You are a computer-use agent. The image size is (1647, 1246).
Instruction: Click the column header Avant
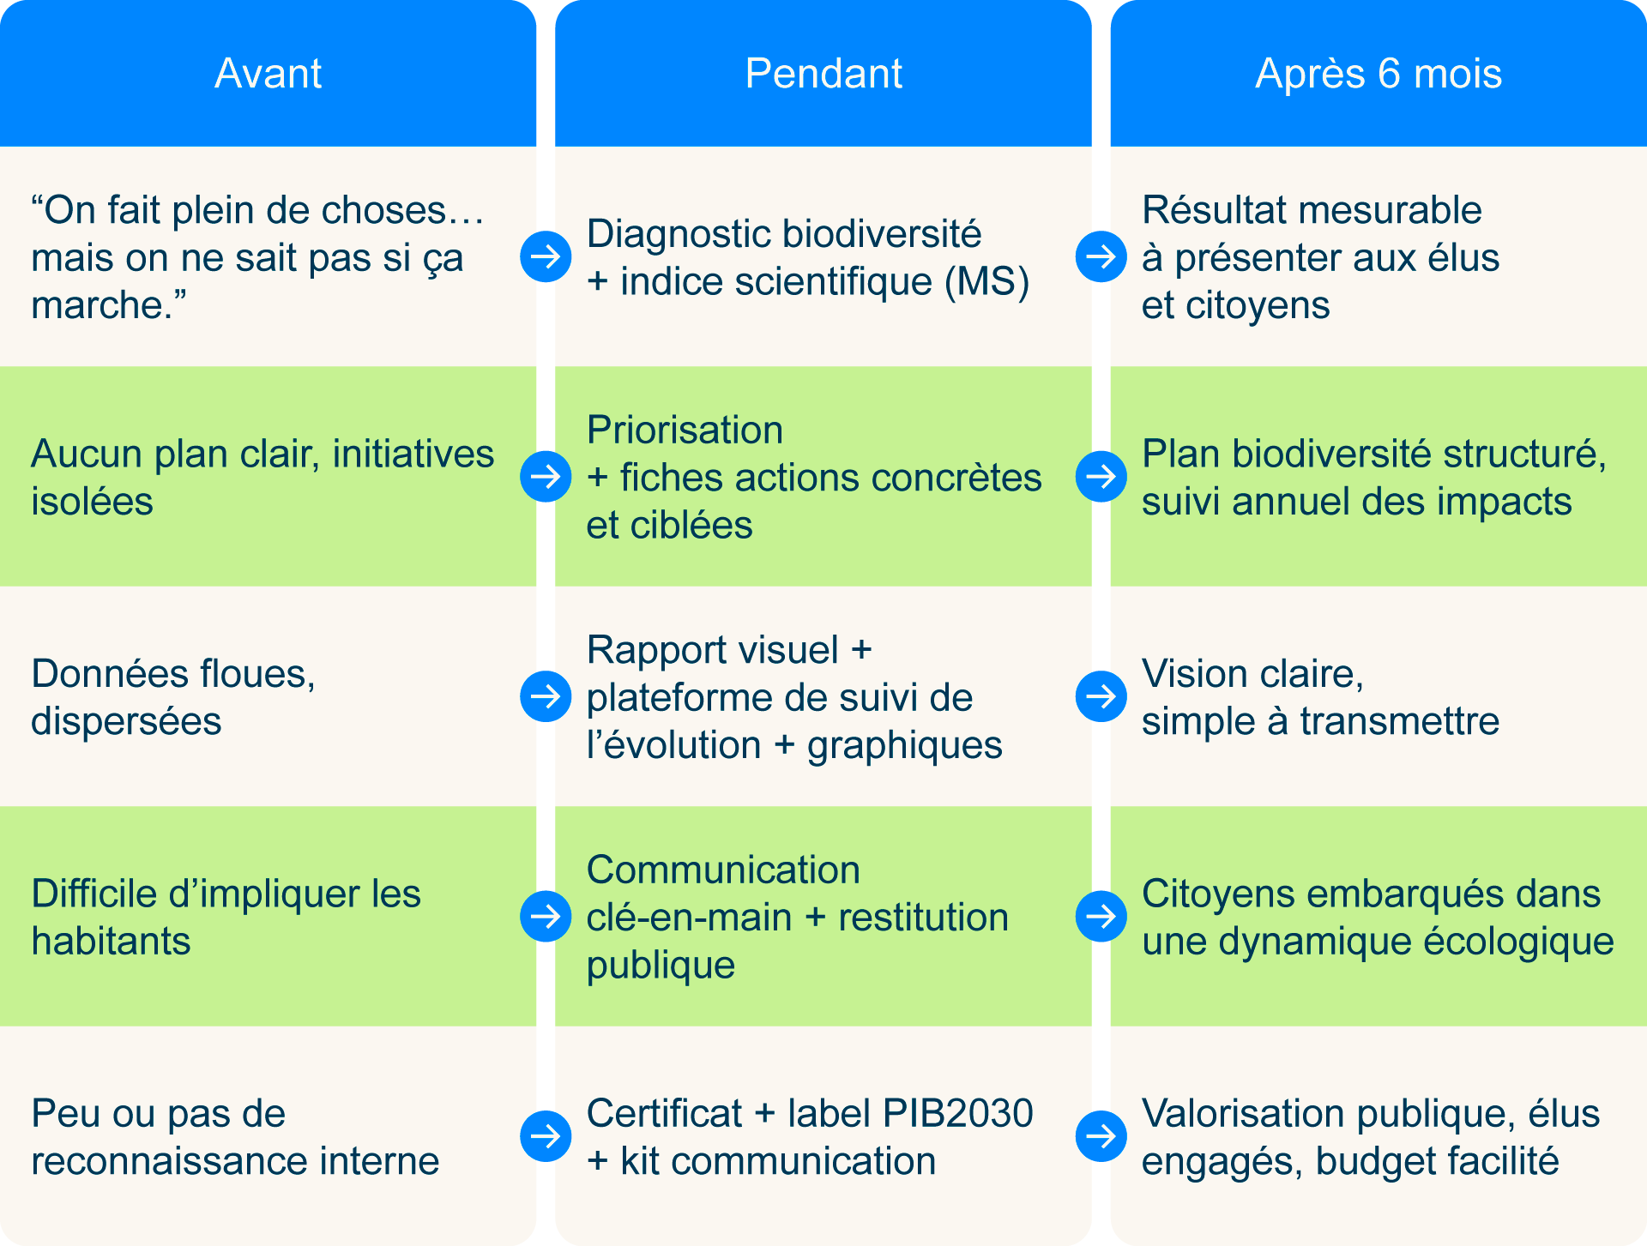point(268,74)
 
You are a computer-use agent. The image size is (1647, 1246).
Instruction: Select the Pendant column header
point(823,74)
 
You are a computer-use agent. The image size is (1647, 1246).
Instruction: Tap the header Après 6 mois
point(1379,74)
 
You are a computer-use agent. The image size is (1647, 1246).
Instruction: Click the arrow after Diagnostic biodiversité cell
point(1101,256)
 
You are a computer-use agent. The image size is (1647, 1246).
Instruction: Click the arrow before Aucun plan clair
point(546,476)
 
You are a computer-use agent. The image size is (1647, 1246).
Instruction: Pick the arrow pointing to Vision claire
point(1101,695)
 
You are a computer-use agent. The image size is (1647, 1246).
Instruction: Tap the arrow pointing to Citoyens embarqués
point(1101,916)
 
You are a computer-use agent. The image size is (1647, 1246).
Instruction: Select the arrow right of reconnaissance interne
point(546,1136)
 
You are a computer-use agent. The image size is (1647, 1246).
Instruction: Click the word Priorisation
point(685,430)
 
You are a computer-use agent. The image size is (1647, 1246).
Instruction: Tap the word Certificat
point(664,1113)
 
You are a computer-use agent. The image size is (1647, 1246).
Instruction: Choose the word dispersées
point(126,721)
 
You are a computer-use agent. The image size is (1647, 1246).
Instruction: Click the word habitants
point(111,942)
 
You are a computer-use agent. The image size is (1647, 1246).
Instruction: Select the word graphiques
point(904,745)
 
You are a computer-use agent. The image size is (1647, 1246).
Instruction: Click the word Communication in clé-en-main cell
point(723,870)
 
